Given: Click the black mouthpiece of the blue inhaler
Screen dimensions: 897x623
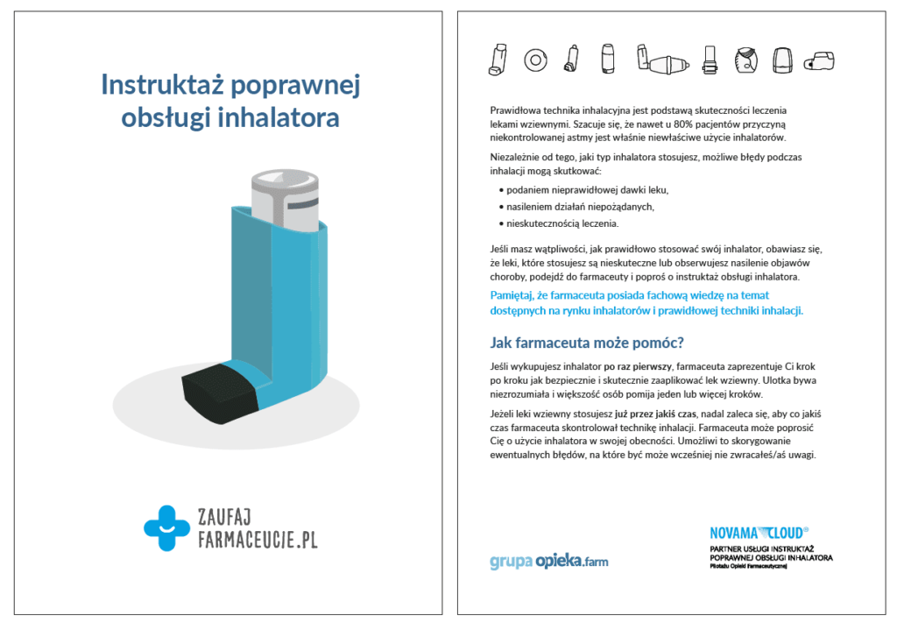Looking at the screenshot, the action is point(220,393).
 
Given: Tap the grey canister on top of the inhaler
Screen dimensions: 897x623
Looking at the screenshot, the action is point(285,201).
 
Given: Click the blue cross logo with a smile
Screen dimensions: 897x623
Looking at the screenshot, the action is point(166,528).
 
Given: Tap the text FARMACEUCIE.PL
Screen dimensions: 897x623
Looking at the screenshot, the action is point(258,540).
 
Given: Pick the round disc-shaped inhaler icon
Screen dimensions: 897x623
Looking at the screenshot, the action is point(535,60).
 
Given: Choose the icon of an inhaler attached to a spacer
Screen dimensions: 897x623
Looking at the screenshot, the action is point(662,60).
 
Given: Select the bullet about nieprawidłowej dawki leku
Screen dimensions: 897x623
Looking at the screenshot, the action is point(583,190).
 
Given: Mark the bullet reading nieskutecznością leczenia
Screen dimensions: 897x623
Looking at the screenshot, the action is point(559,223).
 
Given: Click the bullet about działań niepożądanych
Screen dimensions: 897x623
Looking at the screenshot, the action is point(576,207).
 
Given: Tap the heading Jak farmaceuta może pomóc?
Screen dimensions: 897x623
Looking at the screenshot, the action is point(586,343).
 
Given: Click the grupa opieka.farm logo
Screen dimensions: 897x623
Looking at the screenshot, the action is point(549,562).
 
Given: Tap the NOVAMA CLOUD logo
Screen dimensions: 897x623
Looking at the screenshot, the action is point(759,533).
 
